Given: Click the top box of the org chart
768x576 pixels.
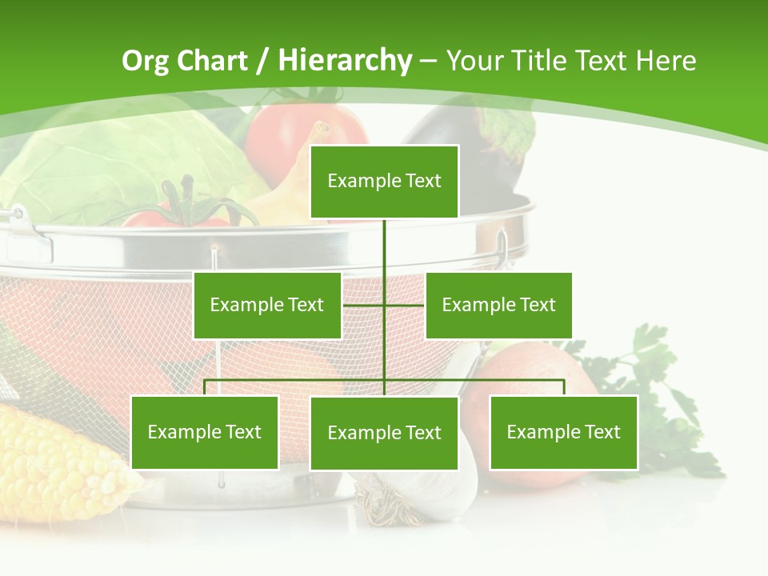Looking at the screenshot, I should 384,182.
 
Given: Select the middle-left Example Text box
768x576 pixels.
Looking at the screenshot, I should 267,305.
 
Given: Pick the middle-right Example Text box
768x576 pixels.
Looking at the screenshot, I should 498,305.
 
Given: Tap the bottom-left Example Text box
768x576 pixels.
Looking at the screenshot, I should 205,432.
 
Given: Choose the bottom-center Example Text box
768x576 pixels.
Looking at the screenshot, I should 384,433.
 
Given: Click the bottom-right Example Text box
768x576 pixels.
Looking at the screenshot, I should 563,432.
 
